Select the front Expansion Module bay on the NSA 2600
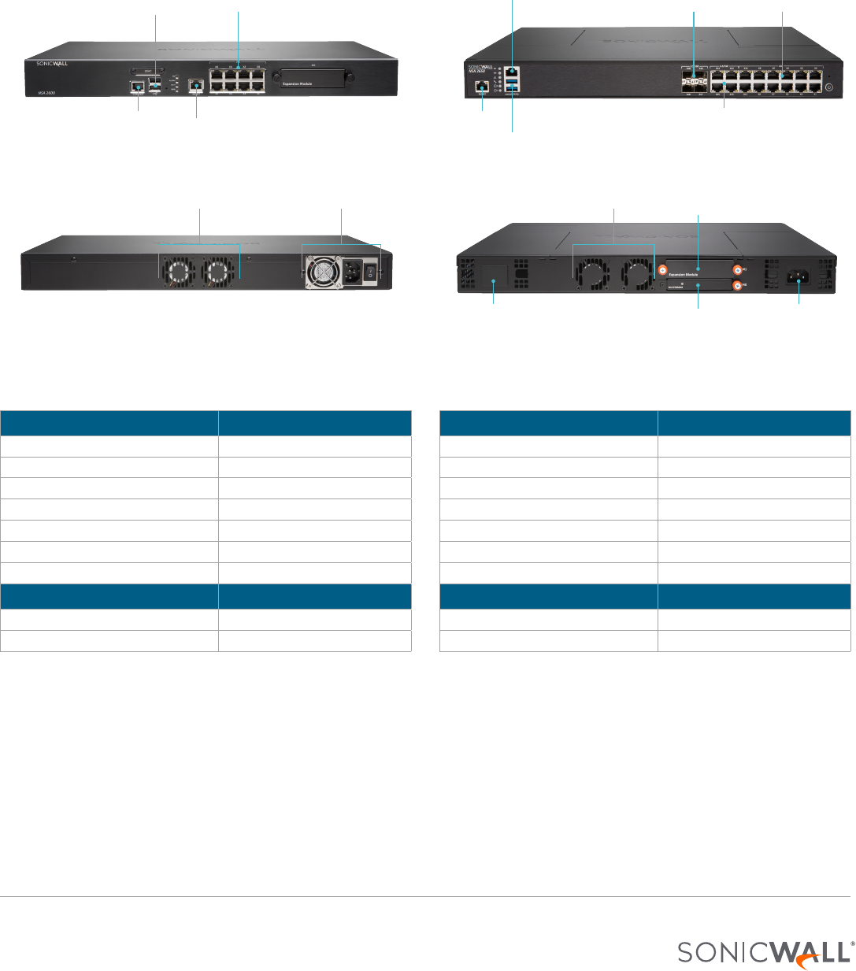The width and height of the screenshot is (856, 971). [x=312, y=79]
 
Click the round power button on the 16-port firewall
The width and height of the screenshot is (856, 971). [x=828, y=84]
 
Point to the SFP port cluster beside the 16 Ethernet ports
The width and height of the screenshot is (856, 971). [x=694, y=81]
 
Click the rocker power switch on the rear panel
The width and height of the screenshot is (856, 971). [x=368, y=274]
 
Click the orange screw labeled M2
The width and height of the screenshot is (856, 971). [x=737, y=286]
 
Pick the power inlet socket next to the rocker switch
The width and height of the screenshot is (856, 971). [x=349, y=273]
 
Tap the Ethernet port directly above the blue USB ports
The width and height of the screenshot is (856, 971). [x=513, y=72]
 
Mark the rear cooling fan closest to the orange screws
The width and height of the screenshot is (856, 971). [x=634, y=274]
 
